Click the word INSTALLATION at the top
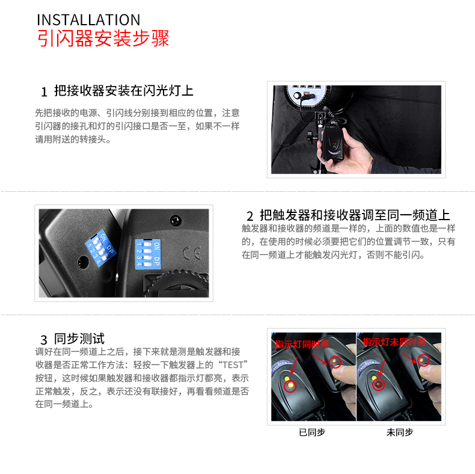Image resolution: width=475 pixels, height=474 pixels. coord(88,19)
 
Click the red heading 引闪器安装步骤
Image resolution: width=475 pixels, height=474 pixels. coord(103,38)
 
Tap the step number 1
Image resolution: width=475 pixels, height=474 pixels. coord(43,92)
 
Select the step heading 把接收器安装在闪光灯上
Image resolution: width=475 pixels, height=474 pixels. coord(123,91)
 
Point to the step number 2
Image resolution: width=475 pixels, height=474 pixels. coord(250,216)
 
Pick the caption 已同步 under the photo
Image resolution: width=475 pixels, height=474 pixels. coord(311,432)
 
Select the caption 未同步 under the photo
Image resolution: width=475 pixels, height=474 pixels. coord(399,432)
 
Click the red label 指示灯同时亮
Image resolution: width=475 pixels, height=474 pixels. coord(302,345)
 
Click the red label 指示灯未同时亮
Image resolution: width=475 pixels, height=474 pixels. coord(394,342)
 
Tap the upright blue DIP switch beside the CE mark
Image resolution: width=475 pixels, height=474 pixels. coord(147,253)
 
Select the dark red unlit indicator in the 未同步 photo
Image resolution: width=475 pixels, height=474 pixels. coord(378,383)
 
